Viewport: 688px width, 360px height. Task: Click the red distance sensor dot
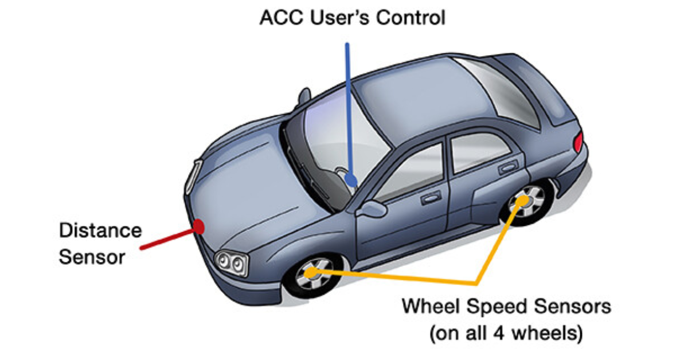199,226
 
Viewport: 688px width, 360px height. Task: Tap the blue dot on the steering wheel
352,182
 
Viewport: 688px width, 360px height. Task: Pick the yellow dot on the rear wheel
522,201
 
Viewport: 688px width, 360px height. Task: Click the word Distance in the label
100,231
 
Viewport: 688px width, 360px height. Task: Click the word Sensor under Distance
92,257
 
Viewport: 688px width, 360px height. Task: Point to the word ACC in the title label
280,18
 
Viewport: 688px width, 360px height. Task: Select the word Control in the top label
412,18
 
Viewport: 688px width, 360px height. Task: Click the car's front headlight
231,263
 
